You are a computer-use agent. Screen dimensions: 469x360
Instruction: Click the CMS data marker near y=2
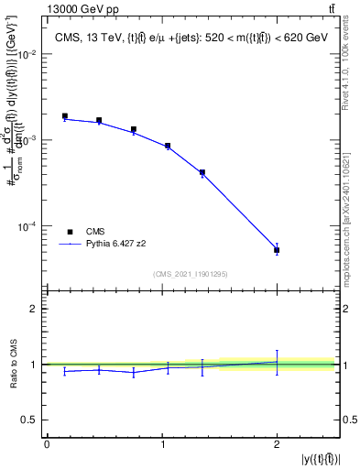pyautogui.click(x=277, y=250)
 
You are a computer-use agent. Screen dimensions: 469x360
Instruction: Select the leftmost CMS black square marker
pyautogui.click(x=64, y=116)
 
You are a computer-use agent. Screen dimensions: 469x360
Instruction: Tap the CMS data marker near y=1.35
pyautogui.click(x=202, y=172)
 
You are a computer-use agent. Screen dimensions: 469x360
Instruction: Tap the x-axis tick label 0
pyautogui.click(x=47, y=444)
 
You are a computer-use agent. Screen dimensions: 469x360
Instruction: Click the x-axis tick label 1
pyautogui.click(x=161, y=444)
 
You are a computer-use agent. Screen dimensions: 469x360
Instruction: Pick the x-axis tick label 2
pyautogui.click(x=277, y=444)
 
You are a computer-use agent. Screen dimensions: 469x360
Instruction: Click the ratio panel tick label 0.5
pyautogui.click(x=32, y=420)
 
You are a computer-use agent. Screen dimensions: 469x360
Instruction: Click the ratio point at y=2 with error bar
pyautogui.click(x=277, y=362)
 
